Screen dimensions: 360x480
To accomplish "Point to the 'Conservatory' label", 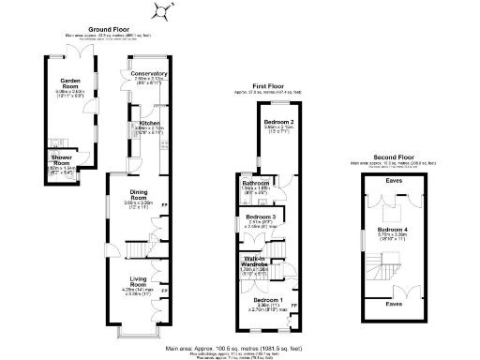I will (148, 73).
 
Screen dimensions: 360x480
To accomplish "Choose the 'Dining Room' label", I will (139, 195).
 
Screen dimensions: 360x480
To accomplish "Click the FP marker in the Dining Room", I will (165, 205).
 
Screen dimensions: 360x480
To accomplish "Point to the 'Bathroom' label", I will (256, 183).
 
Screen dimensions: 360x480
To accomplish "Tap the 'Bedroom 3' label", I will (256, 217).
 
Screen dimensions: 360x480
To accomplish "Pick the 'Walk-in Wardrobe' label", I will (256, 262).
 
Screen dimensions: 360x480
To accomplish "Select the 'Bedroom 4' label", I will (393, 229).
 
